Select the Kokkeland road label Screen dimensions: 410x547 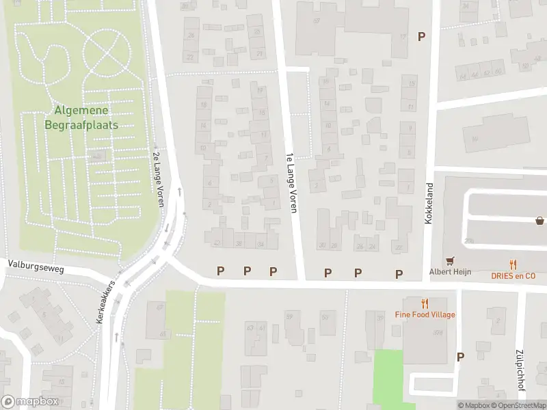click(430, 204)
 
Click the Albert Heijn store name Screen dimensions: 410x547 click(449, 271)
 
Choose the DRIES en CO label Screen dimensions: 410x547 click(512, 275)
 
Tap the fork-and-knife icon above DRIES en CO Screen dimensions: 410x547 click(513, 264)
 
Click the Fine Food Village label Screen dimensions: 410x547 click(425, 314)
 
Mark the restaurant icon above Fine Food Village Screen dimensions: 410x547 click(425, 303)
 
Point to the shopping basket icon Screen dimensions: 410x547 click(540, 220)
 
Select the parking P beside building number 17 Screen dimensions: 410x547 click(422, 36)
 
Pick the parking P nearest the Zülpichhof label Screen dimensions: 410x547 click(460, 357)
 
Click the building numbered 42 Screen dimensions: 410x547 click(217, 243)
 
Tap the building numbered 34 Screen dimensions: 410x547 click(260, 243)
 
